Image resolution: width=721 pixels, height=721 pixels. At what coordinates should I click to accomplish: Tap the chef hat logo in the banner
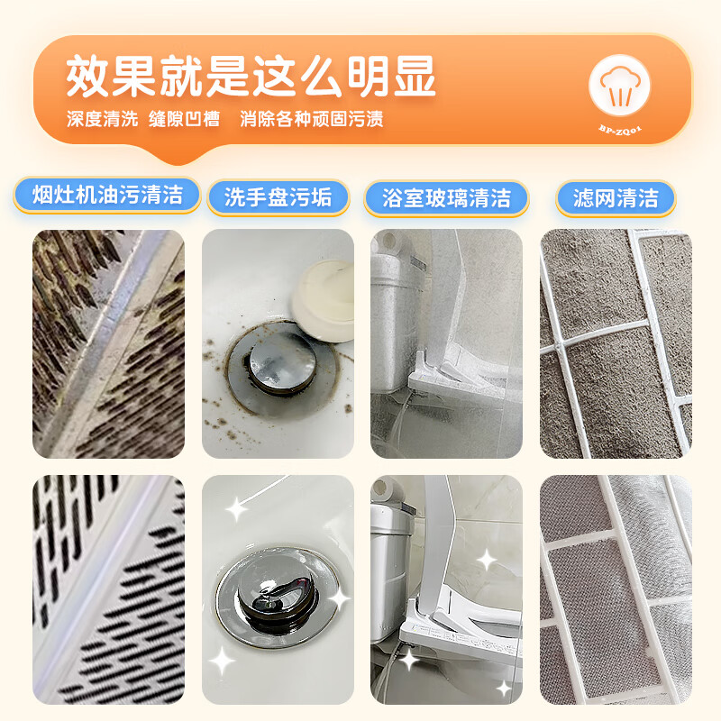tap(620, 88)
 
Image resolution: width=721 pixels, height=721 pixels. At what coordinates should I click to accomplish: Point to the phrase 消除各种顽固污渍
tap(312, 119)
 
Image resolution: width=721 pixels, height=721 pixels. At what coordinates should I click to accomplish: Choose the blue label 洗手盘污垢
tap(278, 197)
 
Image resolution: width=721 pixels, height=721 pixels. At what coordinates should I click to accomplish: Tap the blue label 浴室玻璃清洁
tap(446, 197)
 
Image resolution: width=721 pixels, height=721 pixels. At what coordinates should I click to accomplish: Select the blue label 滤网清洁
tap(616, 197)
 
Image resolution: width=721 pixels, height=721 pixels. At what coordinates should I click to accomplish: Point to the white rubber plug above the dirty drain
tap(327, 302)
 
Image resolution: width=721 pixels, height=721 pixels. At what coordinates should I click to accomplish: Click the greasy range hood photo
tap(108, 343)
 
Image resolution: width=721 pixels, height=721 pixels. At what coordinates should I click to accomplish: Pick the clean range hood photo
tap(108, 589)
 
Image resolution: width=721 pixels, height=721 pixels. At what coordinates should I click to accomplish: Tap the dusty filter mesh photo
tap(616, 343)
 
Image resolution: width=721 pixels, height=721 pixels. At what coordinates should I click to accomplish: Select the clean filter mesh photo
tap(616, 589)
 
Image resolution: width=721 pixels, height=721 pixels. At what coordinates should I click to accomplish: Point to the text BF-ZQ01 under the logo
tap(620, 131)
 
